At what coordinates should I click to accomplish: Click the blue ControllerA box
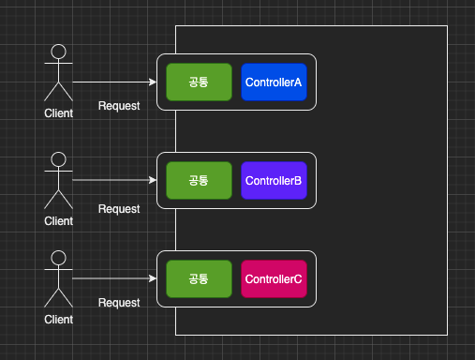point(274,82)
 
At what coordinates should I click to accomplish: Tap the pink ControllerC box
point(274,279)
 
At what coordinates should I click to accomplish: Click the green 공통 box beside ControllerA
point(199,82)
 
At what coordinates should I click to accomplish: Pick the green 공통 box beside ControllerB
point(199,181)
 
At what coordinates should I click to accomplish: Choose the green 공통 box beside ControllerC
point(199,279)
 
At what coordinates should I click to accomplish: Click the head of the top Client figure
point(59,52)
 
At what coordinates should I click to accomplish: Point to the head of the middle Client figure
point(59,159)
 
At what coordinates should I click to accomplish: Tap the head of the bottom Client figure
point(59,258)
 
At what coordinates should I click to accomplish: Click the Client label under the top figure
point(59,113)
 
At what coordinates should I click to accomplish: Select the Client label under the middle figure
point(59,221)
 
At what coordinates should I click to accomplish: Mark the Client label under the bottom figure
point(59,320)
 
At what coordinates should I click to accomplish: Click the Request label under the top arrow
point(119,106)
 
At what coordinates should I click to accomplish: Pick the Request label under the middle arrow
point(119,209)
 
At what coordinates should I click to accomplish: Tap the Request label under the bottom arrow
point(119,303)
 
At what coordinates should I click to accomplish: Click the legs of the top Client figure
point(59,91)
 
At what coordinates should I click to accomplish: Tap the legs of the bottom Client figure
point(59,298)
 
